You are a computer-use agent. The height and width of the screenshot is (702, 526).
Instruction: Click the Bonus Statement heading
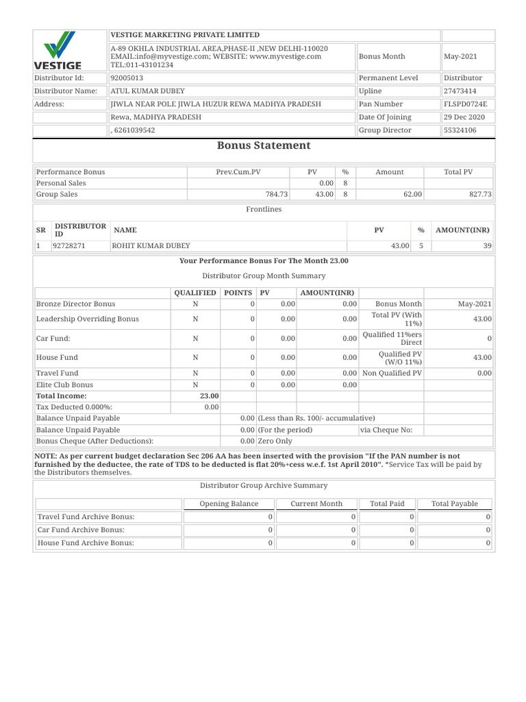click(x=263, y=145)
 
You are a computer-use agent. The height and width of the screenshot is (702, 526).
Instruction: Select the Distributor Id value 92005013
click(x=127, y=78)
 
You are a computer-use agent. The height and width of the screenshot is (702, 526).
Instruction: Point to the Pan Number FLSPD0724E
click(x=465, y=104)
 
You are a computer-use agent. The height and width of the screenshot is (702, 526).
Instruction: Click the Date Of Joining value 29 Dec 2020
click(x=464, y=117)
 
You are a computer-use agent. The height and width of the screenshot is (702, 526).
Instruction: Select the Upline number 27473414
click(x=460, y=91)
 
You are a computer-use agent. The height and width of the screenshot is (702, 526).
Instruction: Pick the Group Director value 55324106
click(x=460, y=130)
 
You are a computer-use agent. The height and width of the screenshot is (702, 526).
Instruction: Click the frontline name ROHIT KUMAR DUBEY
click(x=151, y=245)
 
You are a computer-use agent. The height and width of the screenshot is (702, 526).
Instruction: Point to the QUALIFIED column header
click(x=195, y=293)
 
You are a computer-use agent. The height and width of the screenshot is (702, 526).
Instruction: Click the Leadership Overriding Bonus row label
click(x=87, y=319)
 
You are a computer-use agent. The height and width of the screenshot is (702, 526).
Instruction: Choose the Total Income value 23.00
click(x=209, y=396)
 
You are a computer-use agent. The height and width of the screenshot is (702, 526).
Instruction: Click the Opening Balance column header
click(x=229, y=504)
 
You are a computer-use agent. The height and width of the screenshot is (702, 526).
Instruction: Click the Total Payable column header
click(x=454, y=504)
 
